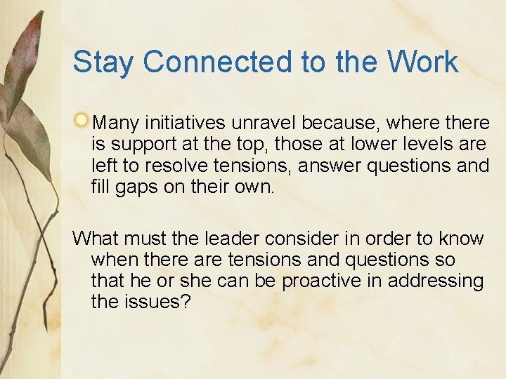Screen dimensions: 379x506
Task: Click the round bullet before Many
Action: pos(83,121)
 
